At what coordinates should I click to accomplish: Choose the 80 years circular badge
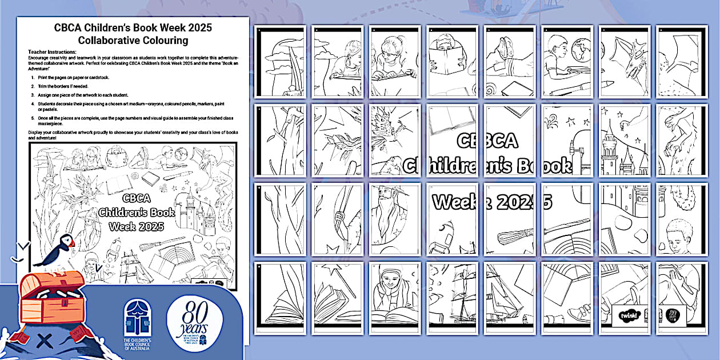point(193,323)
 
